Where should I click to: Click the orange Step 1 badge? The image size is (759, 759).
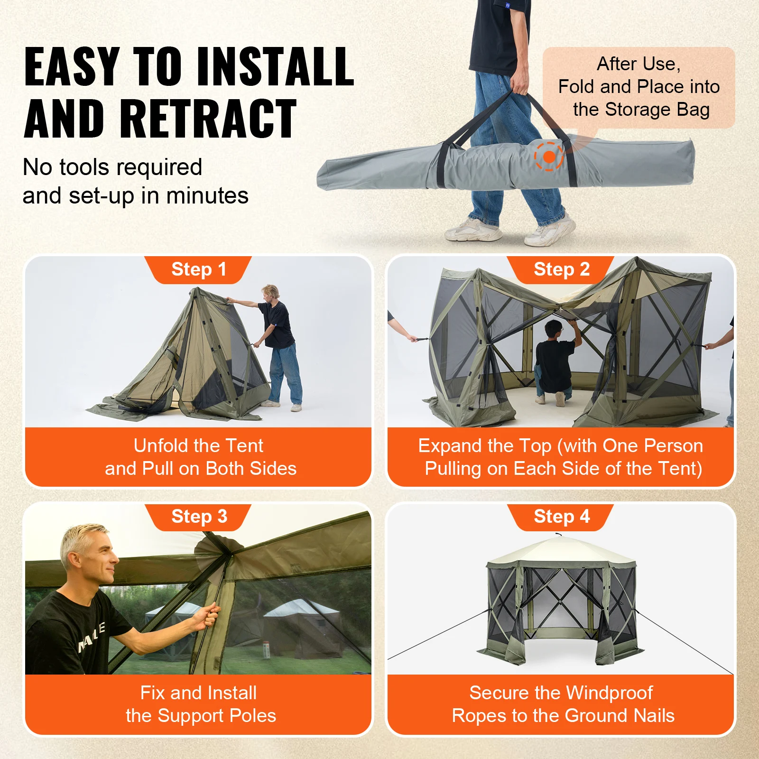(x=198, y=269)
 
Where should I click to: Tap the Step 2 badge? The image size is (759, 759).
(x=561, y=269)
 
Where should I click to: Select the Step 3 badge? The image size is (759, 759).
(x=199, y=517)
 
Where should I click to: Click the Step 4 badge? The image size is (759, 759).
(x=561, y=517)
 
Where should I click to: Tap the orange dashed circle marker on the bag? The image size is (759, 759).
(x=549, y=157)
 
